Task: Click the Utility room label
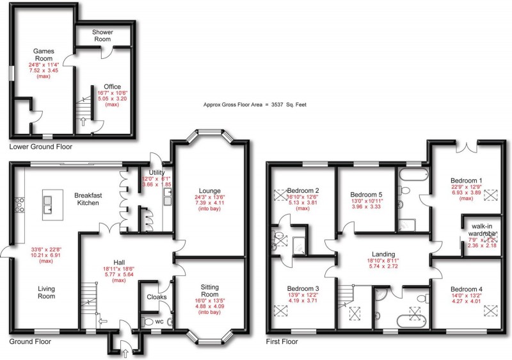coord(157,172)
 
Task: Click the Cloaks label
coord(157,297)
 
